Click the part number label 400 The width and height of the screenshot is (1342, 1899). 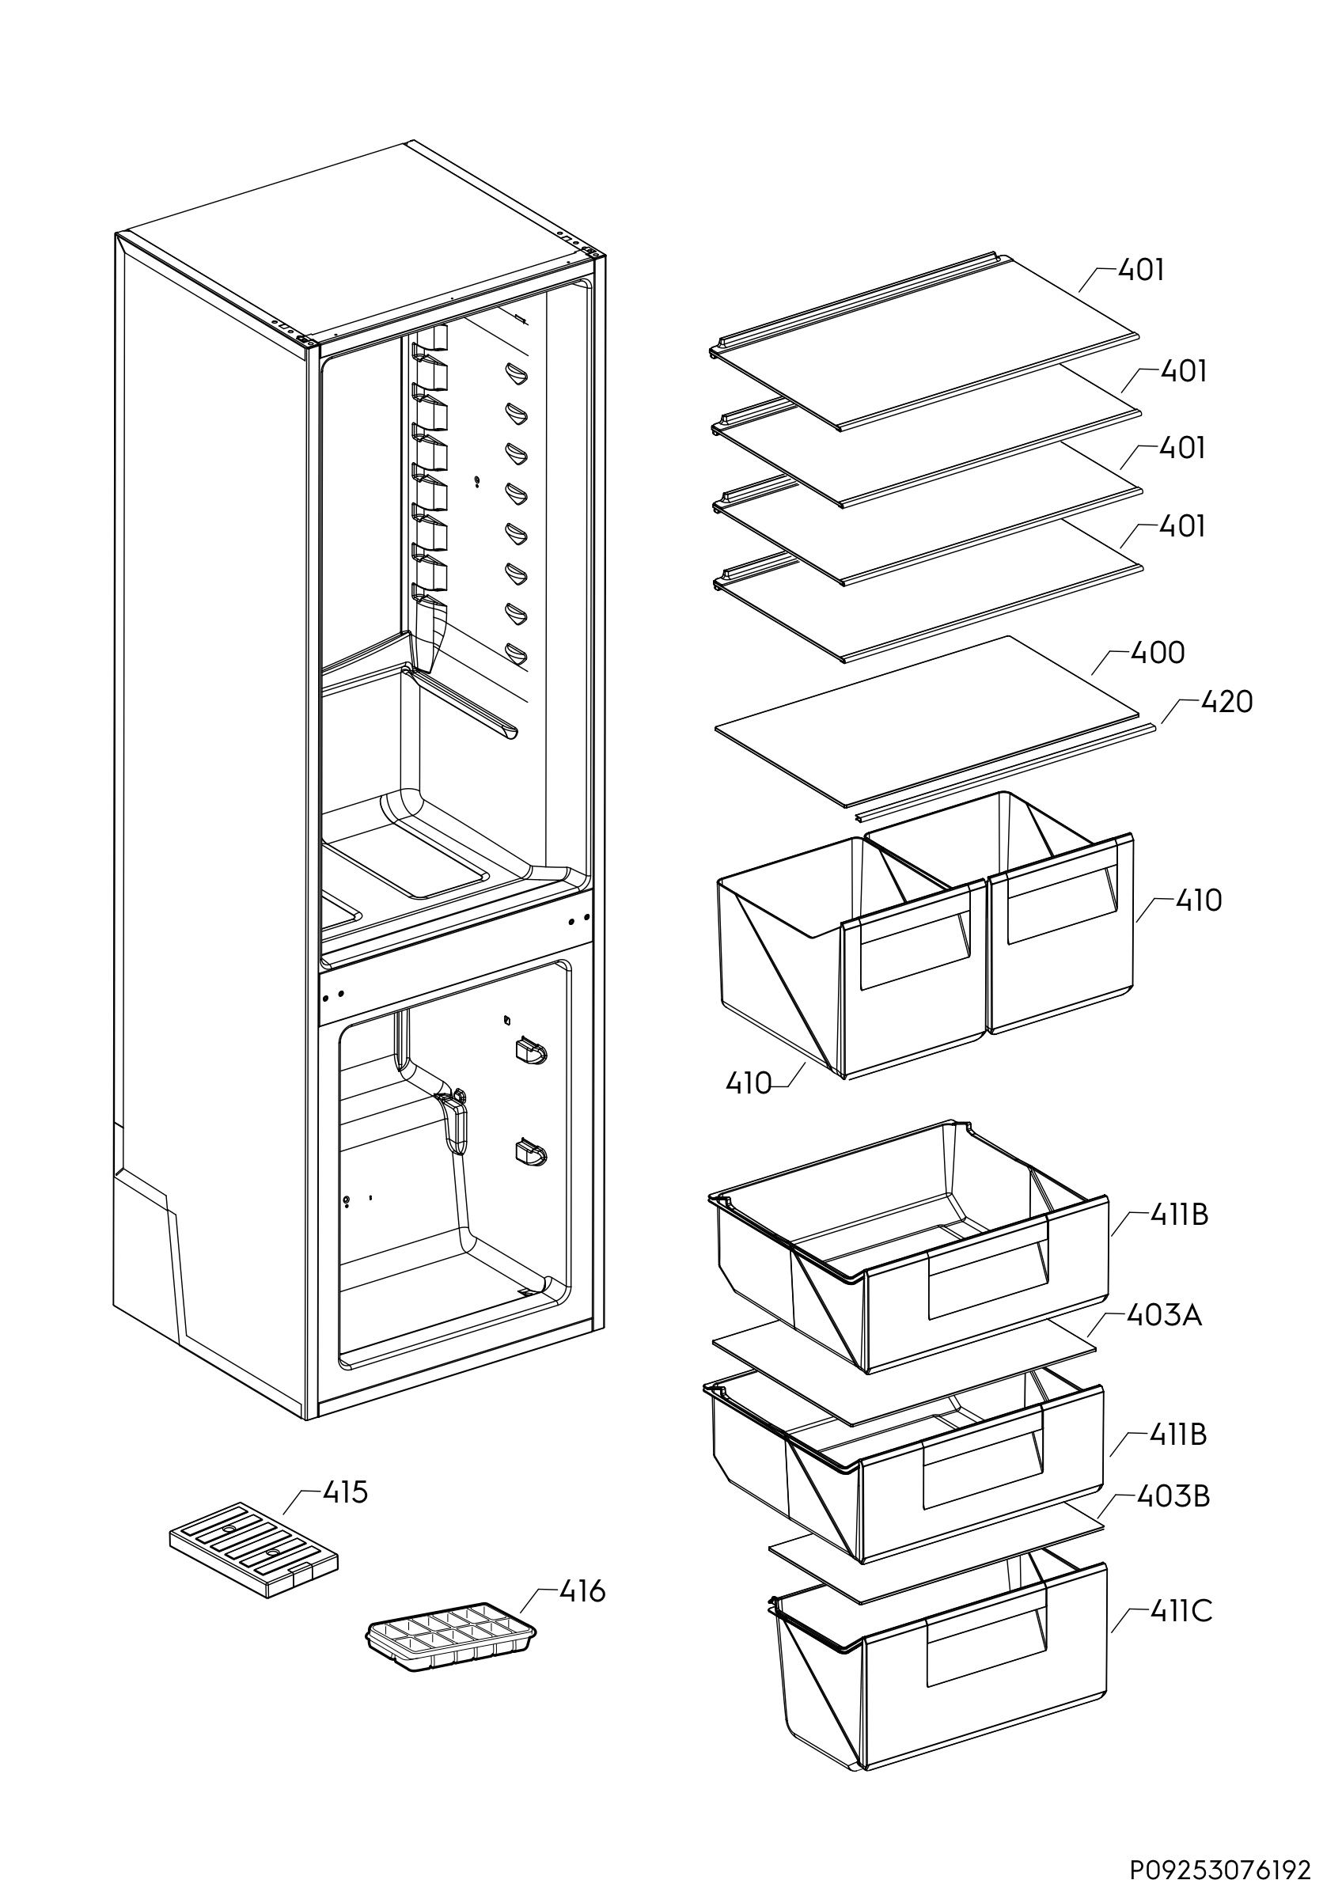[x=1157, y=654]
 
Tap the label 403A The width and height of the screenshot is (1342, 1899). [x=1163, y=1315]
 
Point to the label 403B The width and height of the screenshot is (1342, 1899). [x=1173, y=1496]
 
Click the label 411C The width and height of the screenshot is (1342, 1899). [x=1180, y=1611]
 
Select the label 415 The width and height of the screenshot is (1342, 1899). [x=345, y=1493]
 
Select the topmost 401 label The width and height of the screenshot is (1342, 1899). [x=1141, y=271]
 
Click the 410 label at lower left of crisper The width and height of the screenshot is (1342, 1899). [x=749, y=1083]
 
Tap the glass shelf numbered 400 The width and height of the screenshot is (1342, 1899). [x=926, y=719]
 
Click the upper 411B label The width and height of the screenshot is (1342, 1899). [x=1178, y=1215]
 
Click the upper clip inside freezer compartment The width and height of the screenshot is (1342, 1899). [x=530, y=1052]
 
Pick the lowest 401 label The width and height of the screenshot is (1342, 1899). [x=1181, y=527]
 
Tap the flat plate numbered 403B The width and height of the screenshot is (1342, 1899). [x=934, y=1553]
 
